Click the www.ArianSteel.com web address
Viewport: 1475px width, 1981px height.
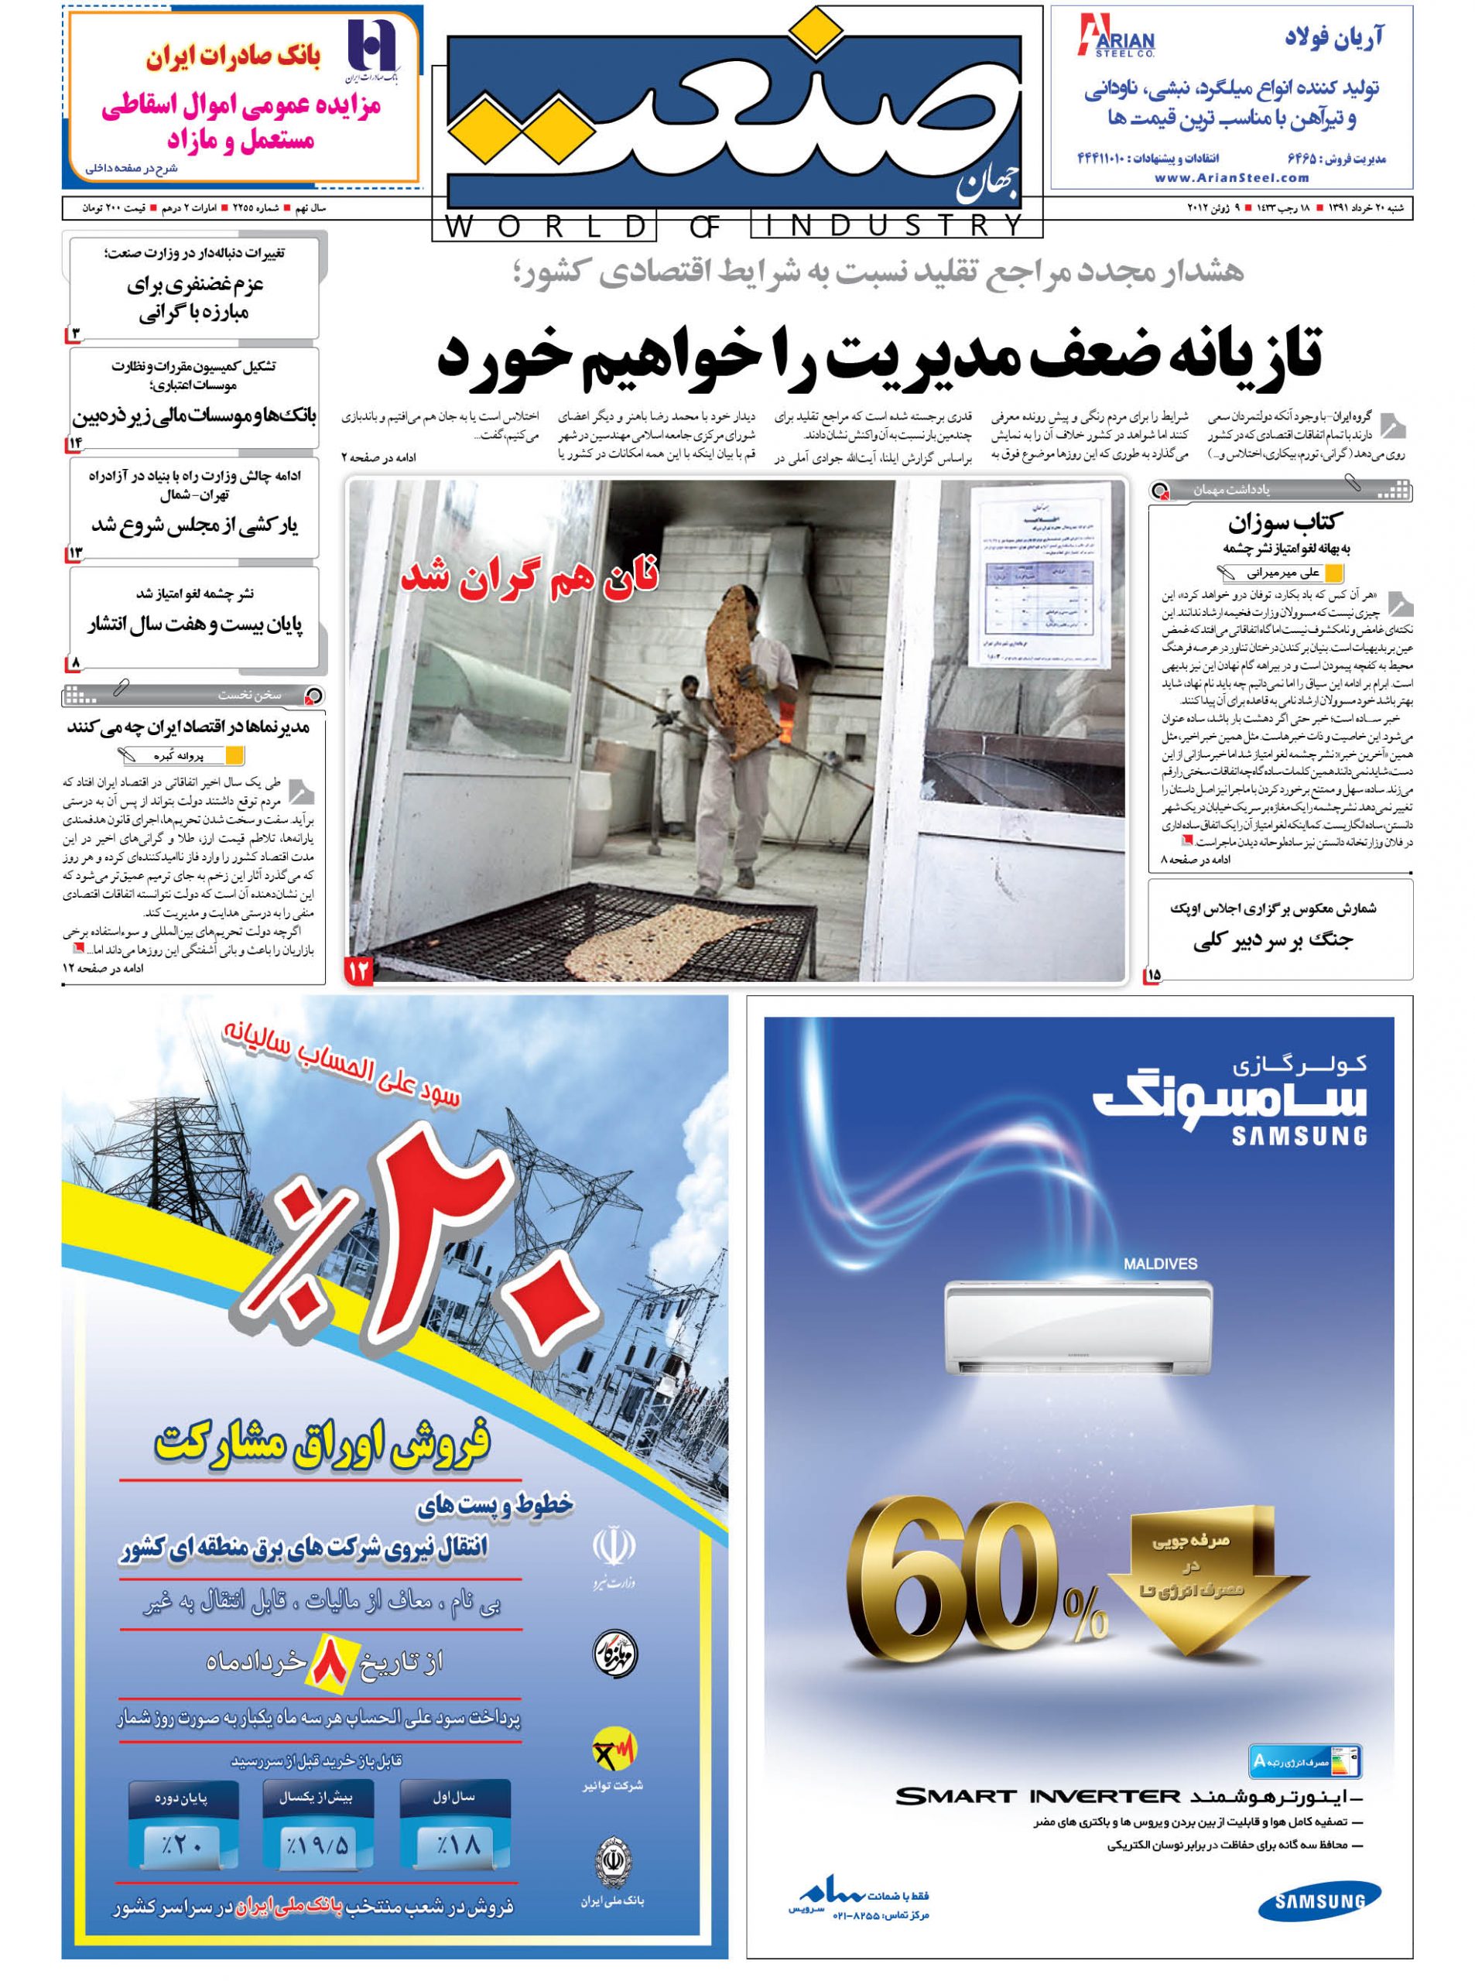(x=1231, y=178)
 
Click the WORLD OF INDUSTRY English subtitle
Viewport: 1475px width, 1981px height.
(x=737, y=226)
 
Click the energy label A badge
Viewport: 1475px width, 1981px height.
(x=1306, y=1736)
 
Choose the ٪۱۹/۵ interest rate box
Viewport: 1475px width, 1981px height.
(x=318, y=1842)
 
